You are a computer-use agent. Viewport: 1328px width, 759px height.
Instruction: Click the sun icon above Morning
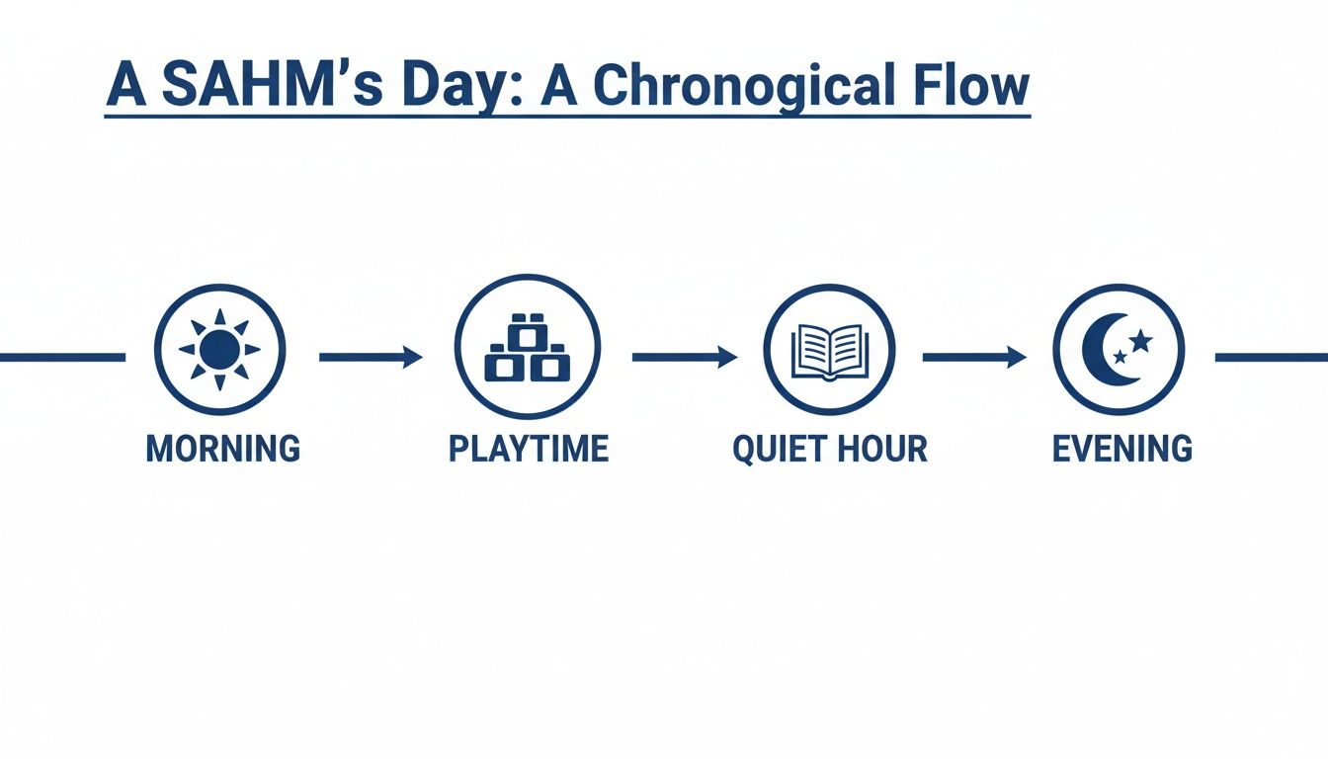pyautogui.click(x=219, y=349)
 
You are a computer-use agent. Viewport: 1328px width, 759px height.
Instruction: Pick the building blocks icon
pyautogui.click(x=528, y=349)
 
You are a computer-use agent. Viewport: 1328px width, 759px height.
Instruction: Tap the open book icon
pyautogui.click(x=829, y=351)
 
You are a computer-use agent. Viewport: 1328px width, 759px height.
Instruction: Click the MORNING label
pyautogui.click(x=222, y=449)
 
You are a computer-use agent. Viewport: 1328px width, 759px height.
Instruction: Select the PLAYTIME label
pyautogui.click(x=528, y=449)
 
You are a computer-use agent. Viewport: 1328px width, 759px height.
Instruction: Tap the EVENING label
pyautogui.click(x=1121, y=449)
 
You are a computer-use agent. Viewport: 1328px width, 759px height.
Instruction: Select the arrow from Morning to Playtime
pyautogui.click(x=371, y=357)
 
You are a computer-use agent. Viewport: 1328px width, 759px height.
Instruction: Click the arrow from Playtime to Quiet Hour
pyautogui.click(x=684, y=357)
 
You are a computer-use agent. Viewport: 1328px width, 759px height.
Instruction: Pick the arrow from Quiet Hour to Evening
pyautogui.click(x=973, y=357)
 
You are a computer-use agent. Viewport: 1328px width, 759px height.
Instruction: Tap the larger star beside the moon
pyautogui.click(x=1140, y=342)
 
